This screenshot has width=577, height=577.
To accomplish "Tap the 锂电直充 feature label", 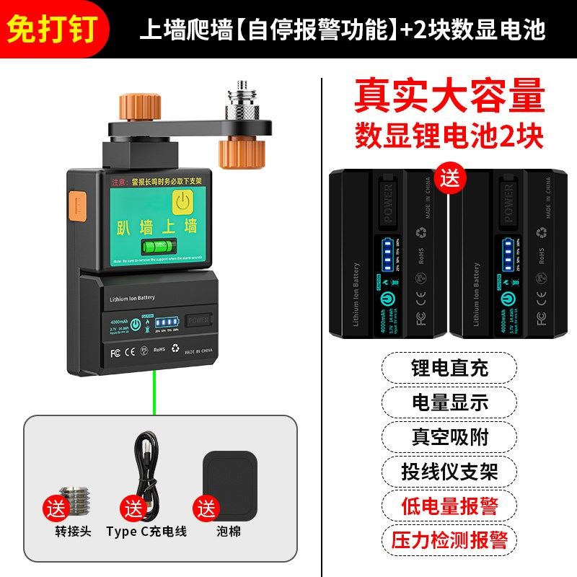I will tap(449, 368).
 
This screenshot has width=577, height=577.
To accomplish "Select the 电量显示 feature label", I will tap(449, 402).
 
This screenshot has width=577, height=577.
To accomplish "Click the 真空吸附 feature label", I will tap(449, 436).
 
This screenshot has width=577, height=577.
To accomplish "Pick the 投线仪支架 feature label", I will tap(449, 471).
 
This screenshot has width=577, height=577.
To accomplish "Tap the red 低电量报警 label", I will tap(449, 505).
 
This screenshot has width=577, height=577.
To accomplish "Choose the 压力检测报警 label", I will tap(449, 539).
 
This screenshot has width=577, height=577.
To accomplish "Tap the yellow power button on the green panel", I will tap(184, 201).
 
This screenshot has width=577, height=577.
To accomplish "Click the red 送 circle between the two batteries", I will tap(449, 177).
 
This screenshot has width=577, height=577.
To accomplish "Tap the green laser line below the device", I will tap(154, 393).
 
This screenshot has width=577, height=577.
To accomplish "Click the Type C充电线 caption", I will tap(146, 532).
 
